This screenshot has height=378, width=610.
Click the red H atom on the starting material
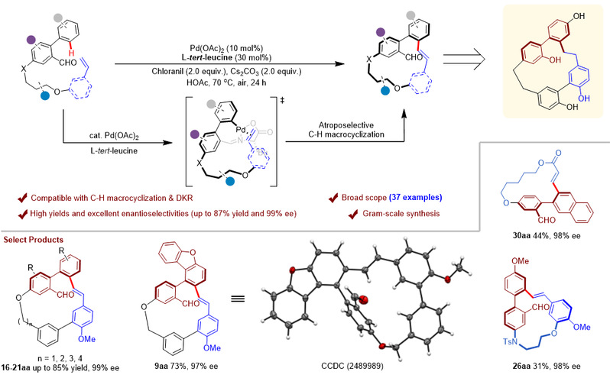(72, 53)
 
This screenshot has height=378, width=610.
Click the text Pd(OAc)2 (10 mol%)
(226, 49)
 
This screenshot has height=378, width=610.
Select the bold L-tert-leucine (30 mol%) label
(226, 57)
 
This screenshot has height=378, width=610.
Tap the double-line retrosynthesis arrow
(465, 59)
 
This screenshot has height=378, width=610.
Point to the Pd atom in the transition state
(242, 129)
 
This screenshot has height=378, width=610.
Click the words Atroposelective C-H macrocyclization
(346, 130)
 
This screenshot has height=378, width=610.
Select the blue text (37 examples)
(416, 197)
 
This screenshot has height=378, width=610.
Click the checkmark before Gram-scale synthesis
(353, 214)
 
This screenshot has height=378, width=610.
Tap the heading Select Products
(34, 240)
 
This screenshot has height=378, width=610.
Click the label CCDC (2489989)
(352, 366)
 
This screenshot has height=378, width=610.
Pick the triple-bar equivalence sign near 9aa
(238, 299)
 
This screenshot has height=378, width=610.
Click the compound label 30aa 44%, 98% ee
(547, 235)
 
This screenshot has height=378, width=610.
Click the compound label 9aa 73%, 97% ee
(186, 366)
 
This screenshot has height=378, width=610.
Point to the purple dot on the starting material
(31, 39)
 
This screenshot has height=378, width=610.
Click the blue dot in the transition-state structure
(231, 181)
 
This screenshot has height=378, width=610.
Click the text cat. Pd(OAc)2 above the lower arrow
(114, 136)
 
